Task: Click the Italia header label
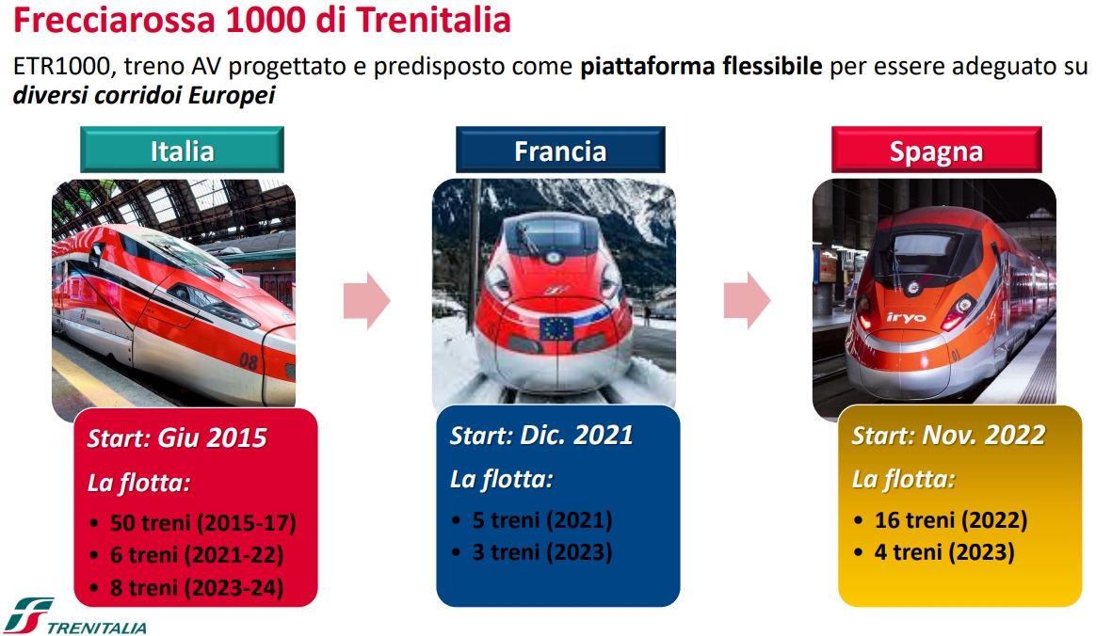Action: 182,151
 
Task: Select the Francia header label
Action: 560,151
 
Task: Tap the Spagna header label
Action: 936,151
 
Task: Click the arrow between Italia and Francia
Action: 367,301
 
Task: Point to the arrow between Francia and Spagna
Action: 748,301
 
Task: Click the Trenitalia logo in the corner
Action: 74,616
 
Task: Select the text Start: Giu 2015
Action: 177,437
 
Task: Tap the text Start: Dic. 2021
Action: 541,435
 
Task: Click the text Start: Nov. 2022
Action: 948,435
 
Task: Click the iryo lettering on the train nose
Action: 906,318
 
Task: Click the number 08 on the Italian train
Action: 249,361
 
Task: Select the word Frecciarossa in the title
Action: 115,20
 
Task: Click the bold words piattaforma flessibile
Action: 701,66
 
